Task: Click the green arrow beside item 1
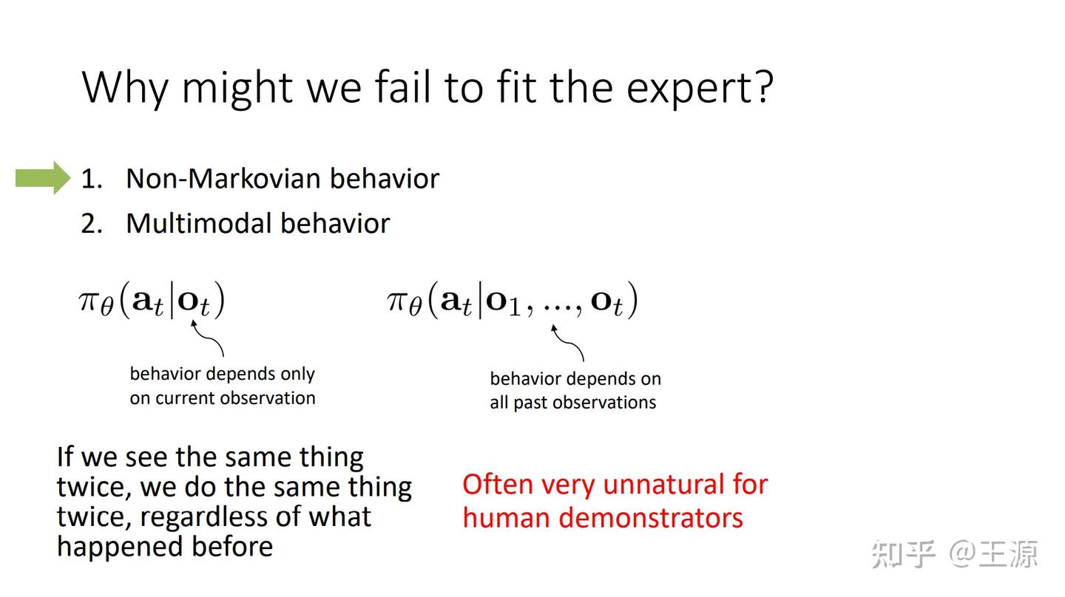(43, 178)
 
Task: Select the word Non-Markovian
(223, 178)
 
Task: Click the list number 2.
(90, 223)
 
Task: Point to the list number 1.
(90, 178)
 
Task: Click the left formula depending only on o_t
(152, 301)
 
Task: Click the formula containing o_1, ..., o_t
(512, 301)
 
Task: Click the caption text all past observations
(572, 403)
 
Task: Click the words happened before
(165, 546)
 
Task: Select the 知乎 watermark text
(903, 553)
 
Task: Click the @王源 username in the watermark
(995, 553)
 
